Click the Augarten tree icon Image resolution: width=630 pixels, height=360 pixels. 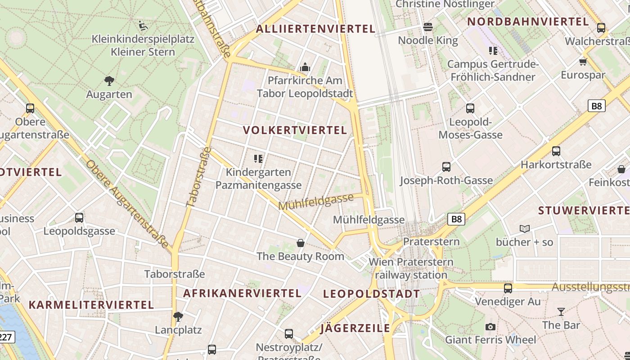pyautogui.click(x=109, y=81)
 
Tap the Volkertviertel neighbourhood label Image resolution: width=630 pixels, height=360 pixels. pyautogui.click(x=295, y=130)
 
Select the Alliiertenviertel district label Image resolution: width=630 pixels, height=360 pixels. pyautogui.click(x=315, y=29)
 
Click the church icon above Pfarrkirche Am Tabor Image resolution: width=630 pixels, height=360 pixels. pyautogui.click(x=306, y=67)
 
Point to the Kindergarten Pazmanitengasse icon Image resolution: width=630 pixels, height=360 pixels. pyautogui.click(x=258, y=158)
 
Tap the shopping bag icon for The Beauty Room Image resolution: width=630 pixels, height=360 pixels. pyautogui.click(x=301, y=243)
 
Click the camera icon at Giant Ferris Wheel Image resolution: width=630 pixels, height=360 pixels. pyautogui.click(x=490, y=327)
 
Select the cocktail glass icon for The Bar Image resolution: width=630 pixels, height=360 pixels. pyautogui.click(x=561, y=311)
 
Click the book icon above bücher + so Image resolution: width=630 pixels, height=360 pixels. pyautogui.click(x=525, y=229)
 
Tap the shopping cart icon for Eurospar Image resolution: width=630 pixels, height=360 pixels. pyautogui.click(x=583, y=61)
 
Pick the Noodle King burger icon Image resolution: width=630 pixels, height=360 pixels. pyautogui.click(x=428, y=27)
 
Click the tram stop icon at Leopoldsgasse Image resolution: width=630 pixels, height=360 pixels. pyautogui.click(x=79, y=218)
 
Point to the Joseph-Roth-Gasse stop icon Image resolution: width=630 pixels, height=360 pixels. pyautogui.click(x=446, y=167)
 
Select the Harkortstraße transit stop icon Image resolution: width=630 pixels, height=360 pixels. pyautogui.click(x=556, y=151)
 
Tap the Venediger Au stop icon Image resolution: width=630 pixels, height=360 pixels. pyautogui.click(x=508, y=288)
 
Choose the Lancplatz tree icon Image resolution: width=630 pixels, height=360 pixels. pyautogui.click(x=178, y=316)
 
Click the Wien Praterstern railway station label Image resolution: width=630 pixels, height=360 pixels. pyautogui.click(x=411, y=268)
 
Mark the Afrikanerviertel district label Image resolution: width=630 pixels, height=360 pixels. pyautogui.click(x=242, y=293)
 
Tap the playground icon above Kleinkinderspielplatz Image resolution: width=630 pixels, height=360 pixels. pyautogui.click(x=143, y=26)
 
